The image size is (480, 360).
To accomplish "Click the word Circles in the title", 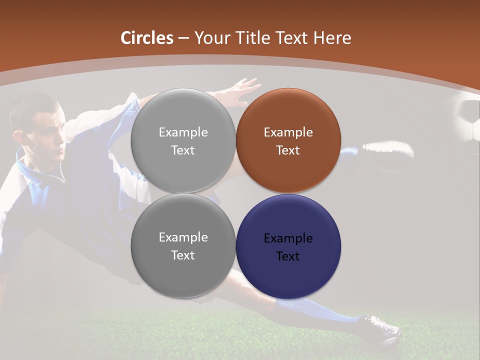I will click(x=147, y=38).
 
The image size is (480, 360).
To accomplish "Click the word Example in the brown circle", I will click(x=288, y=132).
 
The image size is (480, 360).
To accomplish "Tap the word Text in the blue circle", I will click(x=288, y=256).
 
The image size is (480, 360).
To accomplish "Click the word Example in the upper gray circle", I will click(x=183, y=132).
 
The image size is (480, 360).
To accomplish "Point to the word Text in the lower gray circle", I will click(x=183, y=255).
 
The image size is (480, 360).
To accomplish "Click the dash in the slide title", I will click(x=183, y=38).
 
